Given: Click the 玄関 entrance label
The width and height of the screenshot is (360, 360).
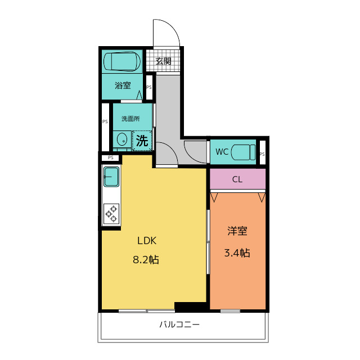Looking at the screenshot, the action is (164, 61).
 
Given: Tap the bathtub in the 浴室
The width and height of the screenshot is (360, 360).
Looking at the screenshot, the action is (122, 61).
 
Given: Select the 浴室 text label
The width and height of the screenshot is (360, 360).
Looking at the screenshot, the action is (123, 85).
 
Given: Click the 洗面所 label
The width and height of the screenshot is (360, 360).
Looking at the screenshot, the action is (130, 119).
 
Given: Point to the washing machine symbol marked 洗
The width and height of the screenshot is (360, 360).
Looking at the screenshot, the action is (142, 141).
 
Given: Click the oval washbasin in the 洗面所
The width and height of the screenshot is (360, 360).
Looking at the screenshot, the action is (122, 139).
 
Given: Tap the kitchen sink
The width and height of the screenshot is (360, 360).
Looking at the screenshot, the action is (111, 177).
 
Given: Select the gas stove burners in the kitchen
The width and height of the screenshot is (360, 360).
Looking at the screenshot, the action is (111, 214).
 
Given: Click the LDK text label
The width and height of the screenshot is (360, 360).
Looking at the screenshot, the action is (147, 241).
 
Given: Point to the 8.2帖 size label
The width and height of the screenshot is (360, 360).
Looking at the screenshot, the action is (146, 260).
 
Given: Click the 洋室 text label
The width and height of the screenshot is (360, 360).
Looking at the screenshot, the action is (237, 231).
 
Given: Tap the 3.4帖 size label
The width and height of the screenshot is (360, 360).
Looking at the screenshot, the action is (237, 253).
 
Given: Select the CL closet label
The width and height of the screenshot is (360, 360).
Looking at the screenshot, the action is (237, 179).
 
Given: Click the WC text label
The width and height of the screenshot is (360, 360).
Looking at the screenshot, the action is (222, 152).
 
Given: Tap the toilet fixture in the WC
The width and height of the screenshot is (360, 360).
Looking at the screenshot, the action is (243, 152).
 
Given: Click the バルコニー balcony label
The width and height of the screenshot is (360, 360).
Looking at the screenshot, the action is (180, 325).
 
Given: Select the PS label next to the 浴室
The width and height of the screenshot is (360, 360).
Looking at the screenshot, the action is (149, 87).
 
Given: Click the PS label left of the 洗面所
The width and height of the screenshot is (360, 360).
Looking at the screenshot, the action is (105, 121).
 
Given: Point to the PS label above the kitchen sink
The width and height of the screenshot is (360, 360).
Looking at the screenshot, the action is (111, 157).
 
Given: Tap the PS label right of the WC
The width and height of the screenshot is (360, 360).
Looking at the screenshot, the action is (262, 154).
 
